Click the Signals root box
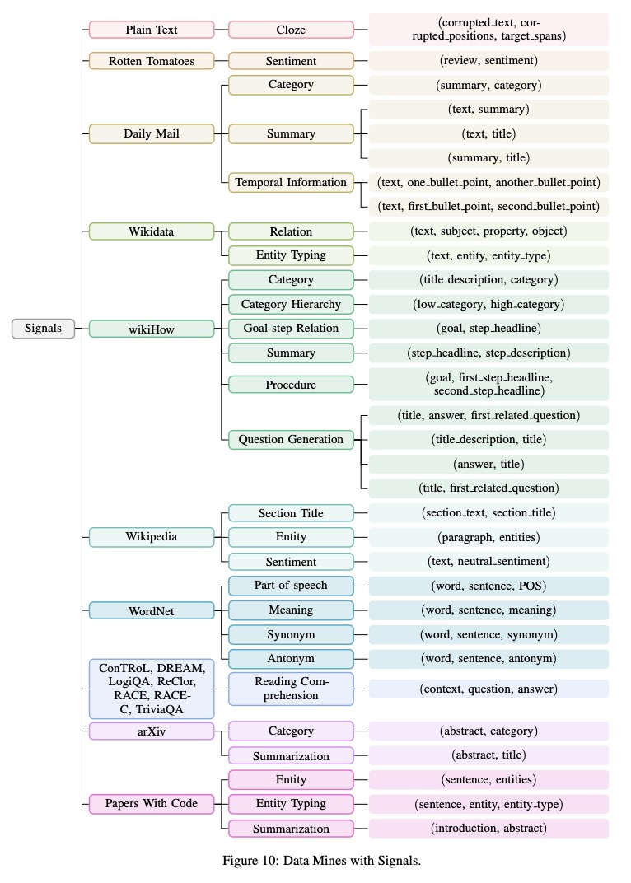point(43,328)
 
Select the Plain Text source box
point(151,30)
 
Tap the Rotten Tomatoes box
point(151,61)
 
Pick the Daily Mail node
point(151,133)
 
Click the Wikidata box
point(151,231)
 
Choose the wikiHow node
point(151,328)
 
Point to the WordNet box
point(151,610)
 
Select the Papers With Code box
point(151,803)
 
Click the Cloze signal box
point(291,30)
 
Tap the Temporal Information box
point(291,182)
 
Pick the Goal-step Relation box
point(291,328)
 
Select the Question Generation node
point(291,439)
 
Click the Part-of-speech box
point(291,586)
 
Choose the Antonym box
point(291,659)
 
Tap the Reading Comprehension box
point(291,689)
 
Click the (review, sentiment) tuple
point(488,60)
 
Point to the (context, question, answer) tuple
point(488,689)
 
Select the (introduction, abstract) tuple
point(488,828)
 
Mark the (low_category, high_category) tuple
point(488,304)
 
